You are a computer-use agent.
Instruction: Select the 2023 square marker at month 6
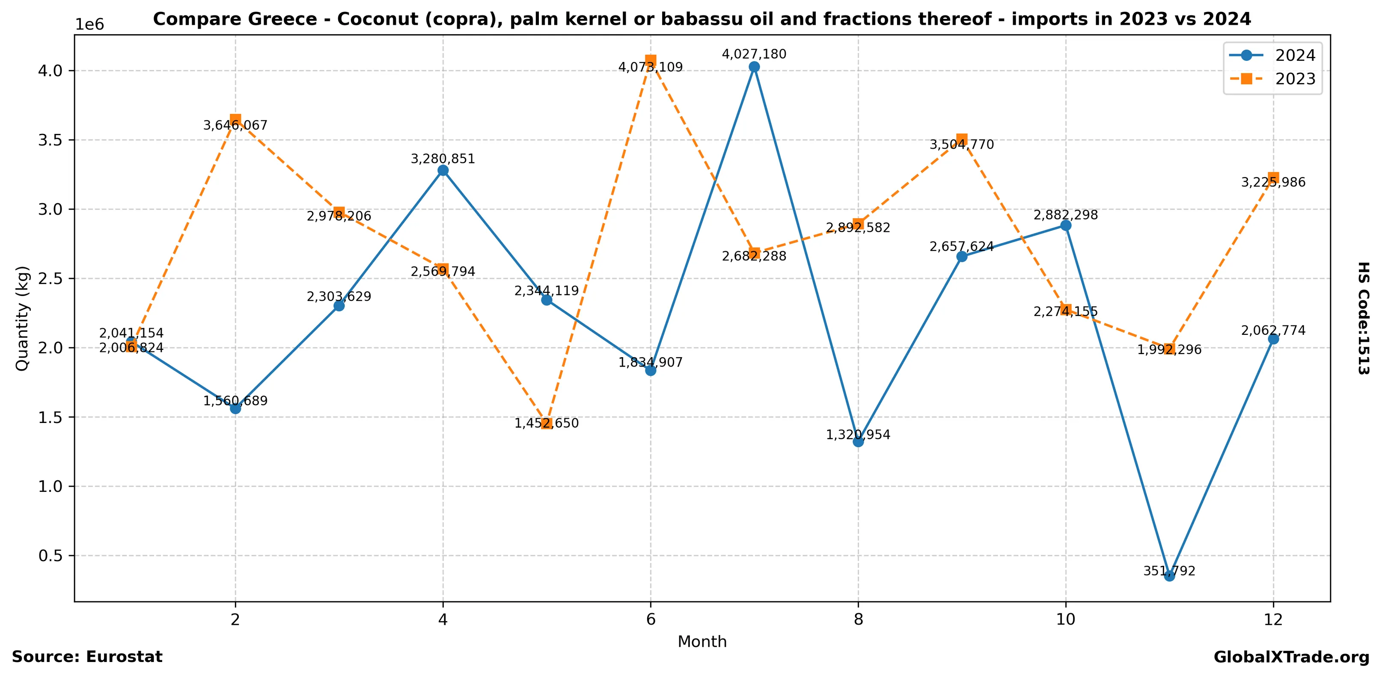point(651,61)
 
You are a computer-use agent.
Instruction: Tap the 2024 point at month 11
point(1170,576)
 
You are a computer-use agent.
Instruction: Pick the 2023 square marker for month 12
point(1273,178)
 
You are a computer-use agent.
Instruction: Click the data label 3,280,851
point(443,159)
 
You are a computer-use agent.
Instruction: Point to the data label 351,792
point(1170,571)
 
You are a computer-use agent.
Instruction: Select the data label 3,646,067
point(235,125)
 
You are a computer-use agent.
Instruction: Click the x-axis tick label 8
point(859,620)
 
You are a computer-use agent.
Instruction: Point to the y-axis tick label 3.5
point(50,140)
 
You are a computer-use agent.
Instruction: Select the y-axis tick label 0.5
point(50,556)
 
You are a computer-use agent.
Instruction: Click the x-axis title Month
point(702,642)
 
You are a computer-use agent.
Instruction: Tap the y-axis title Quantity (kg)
point(22,318)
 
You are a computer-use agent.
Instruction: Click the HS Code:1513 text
point(1363,318)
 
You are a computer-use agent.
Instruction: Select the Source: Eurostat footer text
point(87,656)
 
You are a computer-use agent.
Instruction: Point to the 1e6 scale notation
point(89,25)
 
